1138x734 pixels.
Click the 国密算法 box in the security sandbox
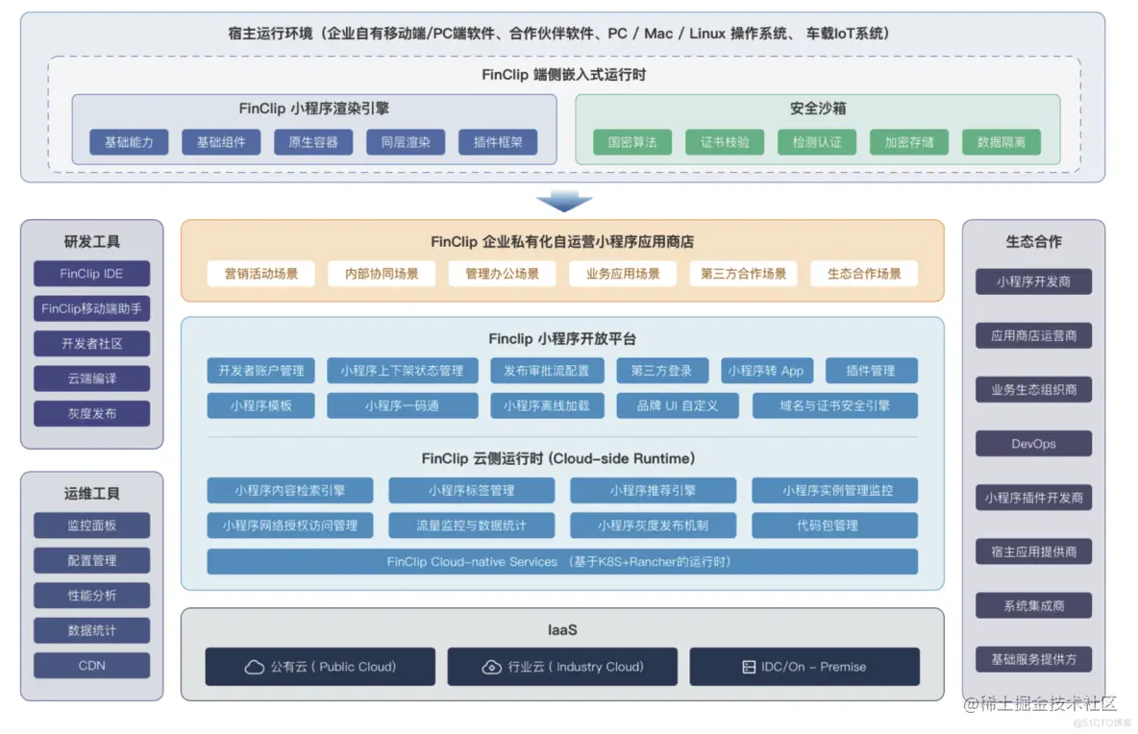tap(631, 142)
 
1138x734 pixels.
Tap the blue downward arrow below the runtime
tap(564, 201)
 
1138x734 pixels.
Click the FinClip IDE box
tap(91, 274)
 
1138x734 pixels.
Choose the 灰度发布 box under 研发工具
tap(91, 413)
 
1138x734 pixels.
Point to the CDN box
tap(91, 665)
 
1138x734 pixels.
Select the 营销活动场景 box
tap(261, 274)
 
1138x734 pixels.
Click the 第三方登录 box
tap(662, 371)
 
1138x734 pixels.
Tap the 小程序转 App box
tap(765, 371)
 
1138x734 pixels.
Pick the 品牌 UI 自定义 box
tap(677, 405)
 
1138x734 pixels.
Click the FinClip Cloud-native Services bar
tap(561, 561)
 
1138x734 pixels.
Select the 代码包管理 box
tap(833, 526)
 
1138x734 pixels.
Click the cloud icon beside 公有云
tap(255, 667)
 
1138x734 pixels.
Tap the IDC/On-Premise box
tap(804, 667)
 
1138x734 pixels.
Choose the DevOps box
tap(1033, 444)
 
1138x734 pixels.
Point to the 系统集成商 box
tap(1033, 605)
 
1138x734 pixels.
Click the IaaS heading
tap(561, 630)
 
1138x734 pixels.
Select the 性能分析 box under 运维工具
tap(91, 596)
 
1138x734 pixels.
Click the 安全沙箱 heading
tap(817, 109)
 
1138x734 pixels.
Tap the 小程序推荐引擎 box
tap(653, 491)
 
